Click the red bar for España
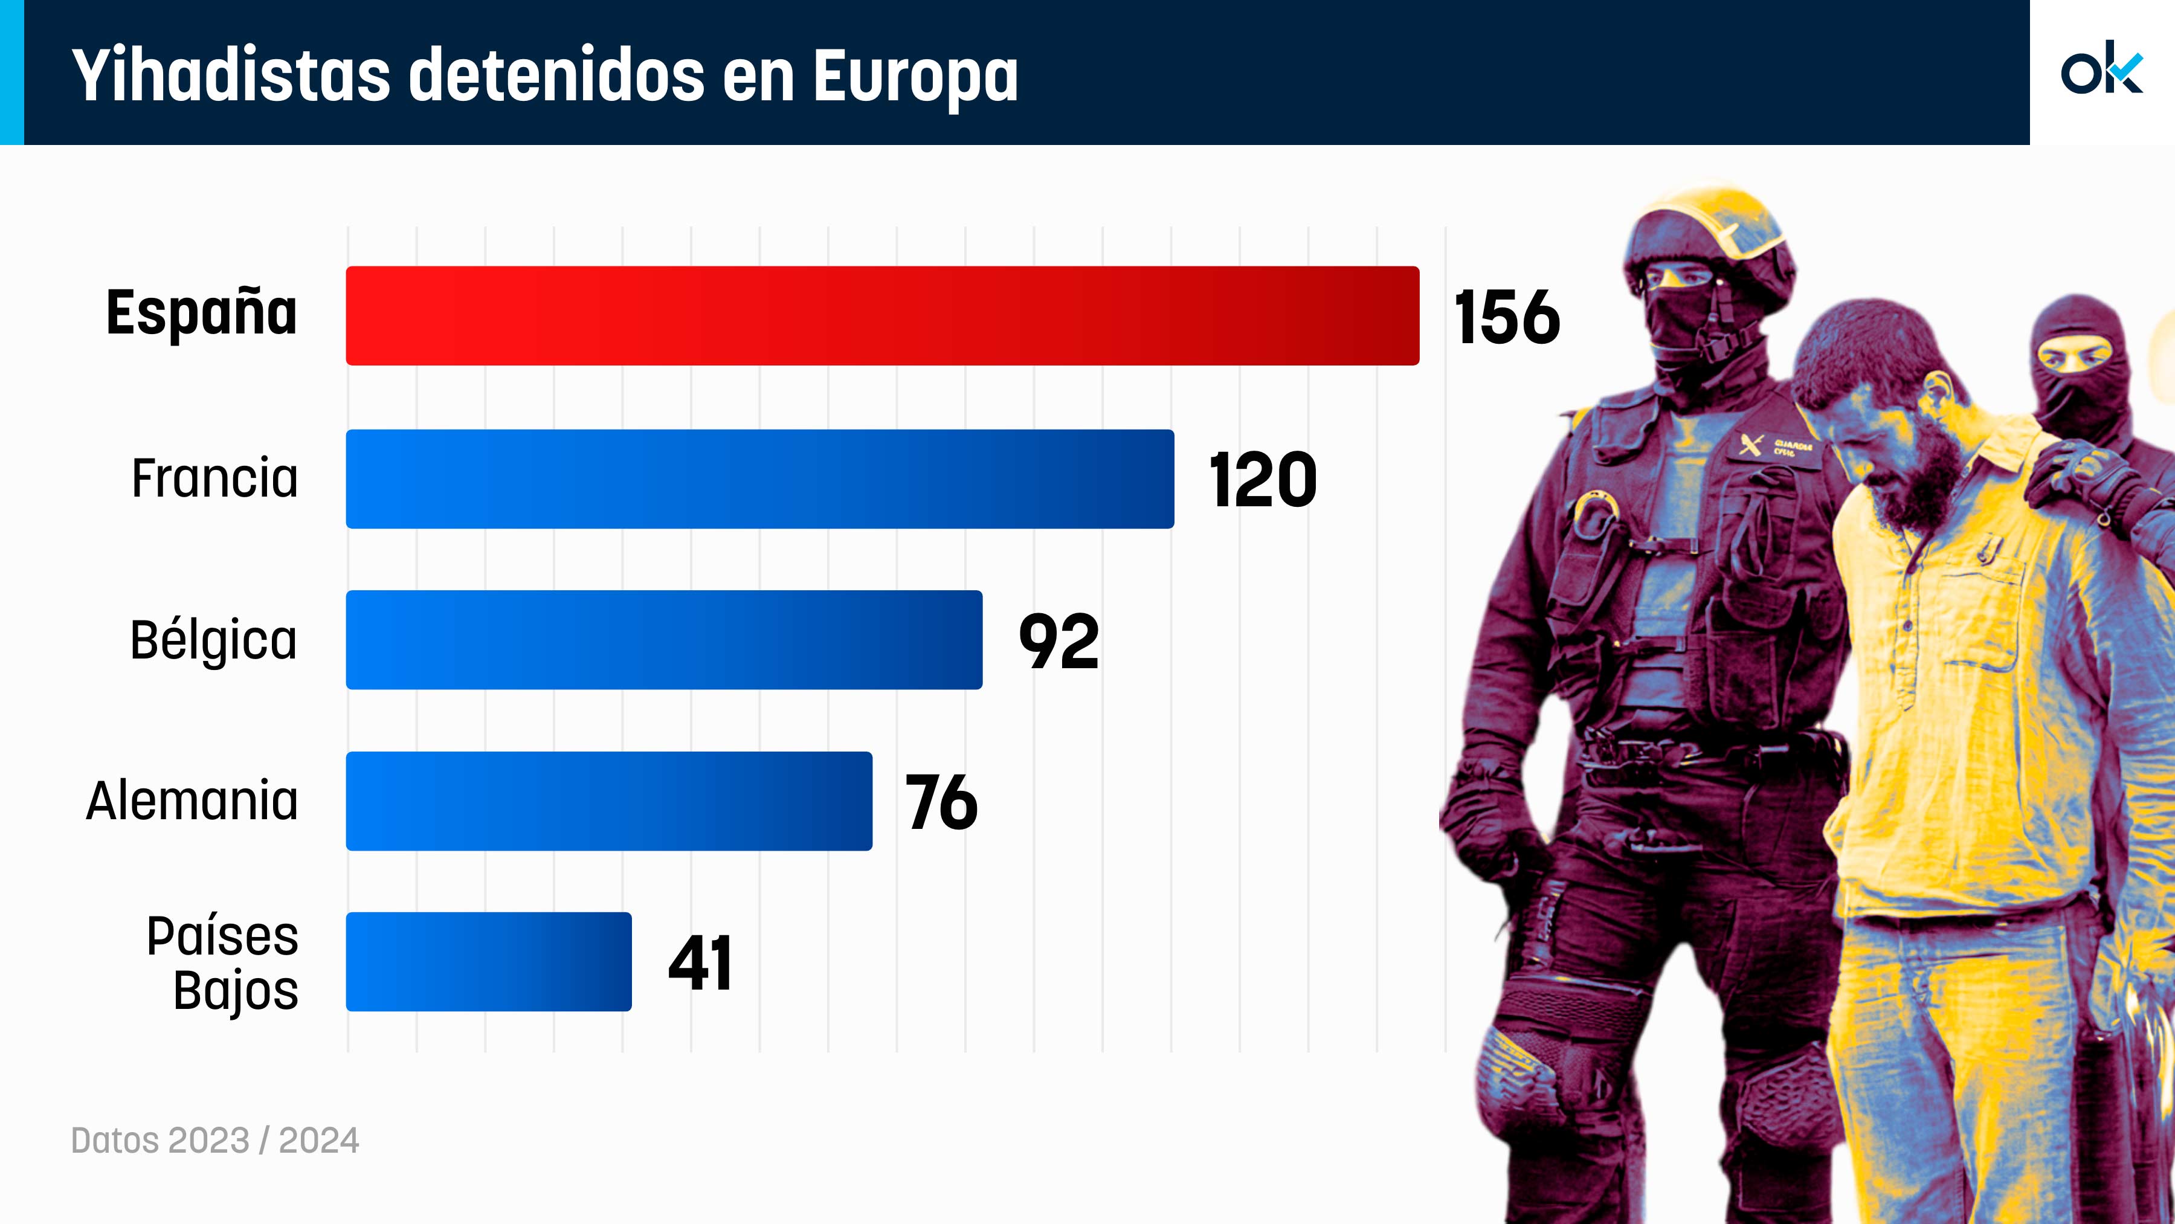[x=882, y=316]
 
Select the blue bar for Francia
[x=760, y=478]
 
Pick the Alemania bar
[x=609, y=801]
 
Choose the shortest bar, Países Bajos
[x=488, y=961]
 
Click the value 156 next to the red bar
[x=1507, y=317]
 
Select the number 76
[x=941, y=803]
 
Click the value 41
[x=700, y=963]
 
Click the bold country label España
[x=202, y=313]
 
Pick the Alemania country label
[x=193, y=800]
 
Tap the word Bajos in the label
[x=236, y=991]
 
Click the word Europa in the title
[x=915, y=76]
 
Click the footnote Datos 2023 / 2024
[x=215, y=1141]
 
